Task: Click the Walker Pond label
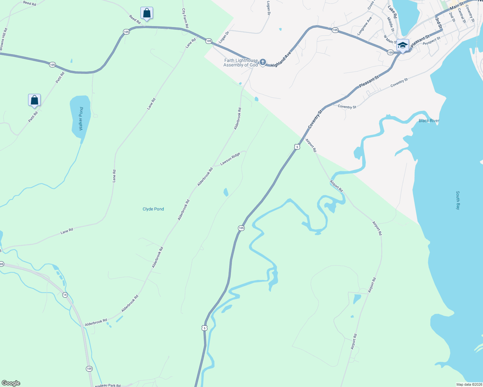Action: (x=81, y=119)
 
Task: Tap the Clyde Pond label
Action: (x=153, y=209)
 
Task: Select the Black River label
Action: (x=429, y=121)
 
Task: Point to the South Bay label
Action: (x=458, y=200)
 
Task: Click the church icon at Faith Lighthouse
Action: (x=263, y=62)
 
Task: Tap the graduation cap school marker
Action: (x=403, y=45)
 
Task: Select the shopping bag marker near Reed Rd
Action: (x=147, y=13)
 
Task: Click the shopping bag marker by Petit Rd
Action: (x=34, y=100)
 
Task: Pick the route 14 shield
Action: (x=65, y=295)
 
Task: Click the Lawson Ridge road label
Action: (x=230, y=159)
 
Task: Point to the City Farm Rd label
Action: (x=185, y=18)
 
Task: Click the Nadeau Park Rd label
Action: (x=108, y=385)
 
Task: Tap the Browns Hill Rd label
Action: (x=3, y=39)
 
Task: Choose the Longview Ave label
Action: (x=365, y=26)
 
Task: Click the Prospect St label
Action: (x=431, y=41)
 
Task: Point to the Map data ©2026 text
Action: (x=469, y=384)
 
